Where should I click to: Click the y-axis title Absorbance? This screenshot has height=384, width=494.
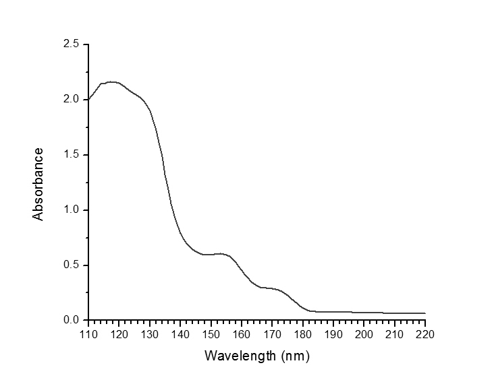click(38, 184)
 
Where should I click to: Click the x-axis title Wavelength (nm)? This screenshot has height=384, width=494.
click(256, 355)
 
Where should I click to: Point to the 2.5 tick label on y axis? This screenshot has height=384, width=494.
click(72, 44)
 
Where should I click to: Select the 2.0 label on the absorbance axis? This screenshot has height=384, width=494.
click(72, 100)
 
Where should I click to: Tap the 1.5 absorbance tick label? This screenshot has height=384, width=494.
click(72, 155)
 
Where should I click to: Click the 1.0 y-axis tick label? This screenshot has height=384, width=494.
click(72, 210)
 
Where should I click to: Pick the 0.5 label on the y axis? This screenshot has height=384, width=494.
click(72, 265)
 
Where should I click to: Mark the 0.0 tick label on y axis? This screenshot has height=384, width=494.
click(72, 320)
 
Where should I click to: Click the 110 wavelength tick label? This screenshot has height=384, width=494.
click(88, 333)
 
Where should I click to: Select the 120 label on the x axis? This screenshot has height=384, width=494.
click(119, 333)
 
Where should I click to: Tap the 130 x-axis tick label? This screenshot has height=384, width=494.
click(150, 333)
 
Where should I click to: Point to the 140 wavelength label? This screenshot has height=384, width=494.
click(180, 333)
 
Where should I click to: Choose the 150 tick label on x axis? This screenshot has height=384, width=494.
click(211, 333)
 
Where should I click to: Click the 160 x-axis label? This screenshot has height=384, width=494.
click(242, 333)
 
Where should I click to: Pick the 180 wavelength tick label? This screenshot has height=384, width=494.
click(303, 333)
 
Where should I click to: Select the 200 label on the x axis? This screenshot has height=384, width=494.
click(364, 333)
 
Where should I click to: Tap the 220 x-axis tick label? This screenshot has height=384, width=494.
click(425, 333)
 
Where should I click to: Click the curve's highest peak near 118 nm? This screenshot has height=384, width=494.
click(112, 82)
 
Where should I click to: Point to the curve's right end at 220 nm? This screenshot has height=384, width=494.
click(424, 313)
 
